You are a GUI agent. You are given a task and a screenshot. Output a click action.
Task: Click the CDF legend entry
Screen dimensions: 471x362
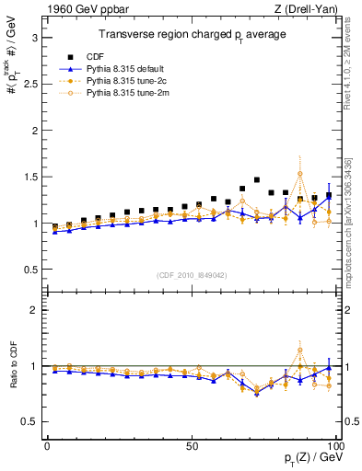click(x=110, y=54)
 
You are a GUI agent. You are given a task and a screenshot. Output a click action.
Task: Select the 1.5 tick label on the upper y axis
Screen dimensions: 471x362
click(x=29, y=177)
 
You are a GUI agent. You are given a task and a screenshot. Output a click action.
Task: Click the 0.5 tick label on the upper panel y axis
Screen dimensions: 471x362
click(x=29, y=270)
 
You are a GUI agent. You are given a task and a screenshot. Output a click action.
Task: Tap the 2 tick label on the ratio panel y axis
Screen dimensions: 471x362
click(x=33, y=310)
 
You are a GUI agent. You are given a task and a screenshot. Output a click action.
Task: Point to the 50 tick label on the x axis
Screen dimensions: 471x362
click(x=192, y=445)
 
